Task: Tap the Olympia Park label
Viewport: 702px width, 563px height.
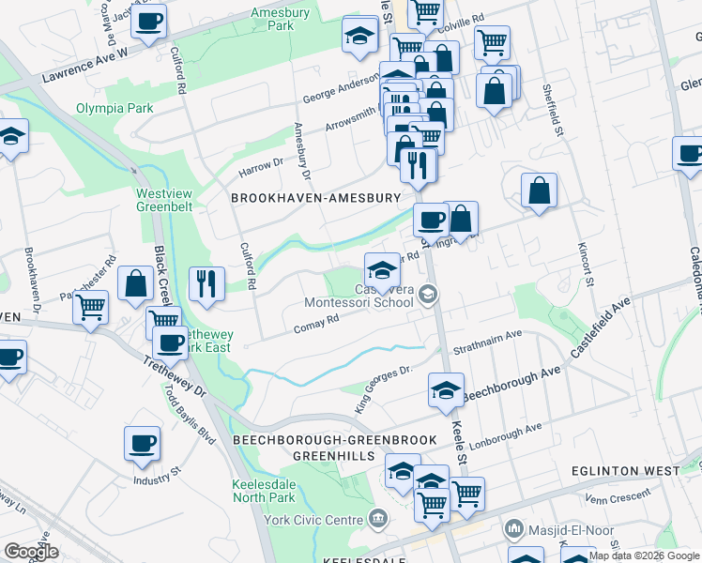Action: [114, 109]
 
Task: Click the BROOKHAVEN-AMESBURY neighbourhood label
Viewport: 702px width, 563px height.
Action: [315, 198]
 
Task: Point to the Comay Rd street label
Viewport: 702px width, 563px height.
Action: [315, 325]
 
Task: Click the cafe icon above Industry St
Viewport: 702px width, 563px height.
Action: [142, 444]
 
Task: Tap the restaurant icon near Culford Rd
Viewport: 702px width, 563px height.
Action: [206, 283]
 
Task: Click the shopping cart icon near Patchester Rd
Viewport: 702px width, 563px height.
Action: [90, 307]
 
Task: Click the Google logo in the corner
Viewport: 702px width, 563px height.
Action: [30, 552]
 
